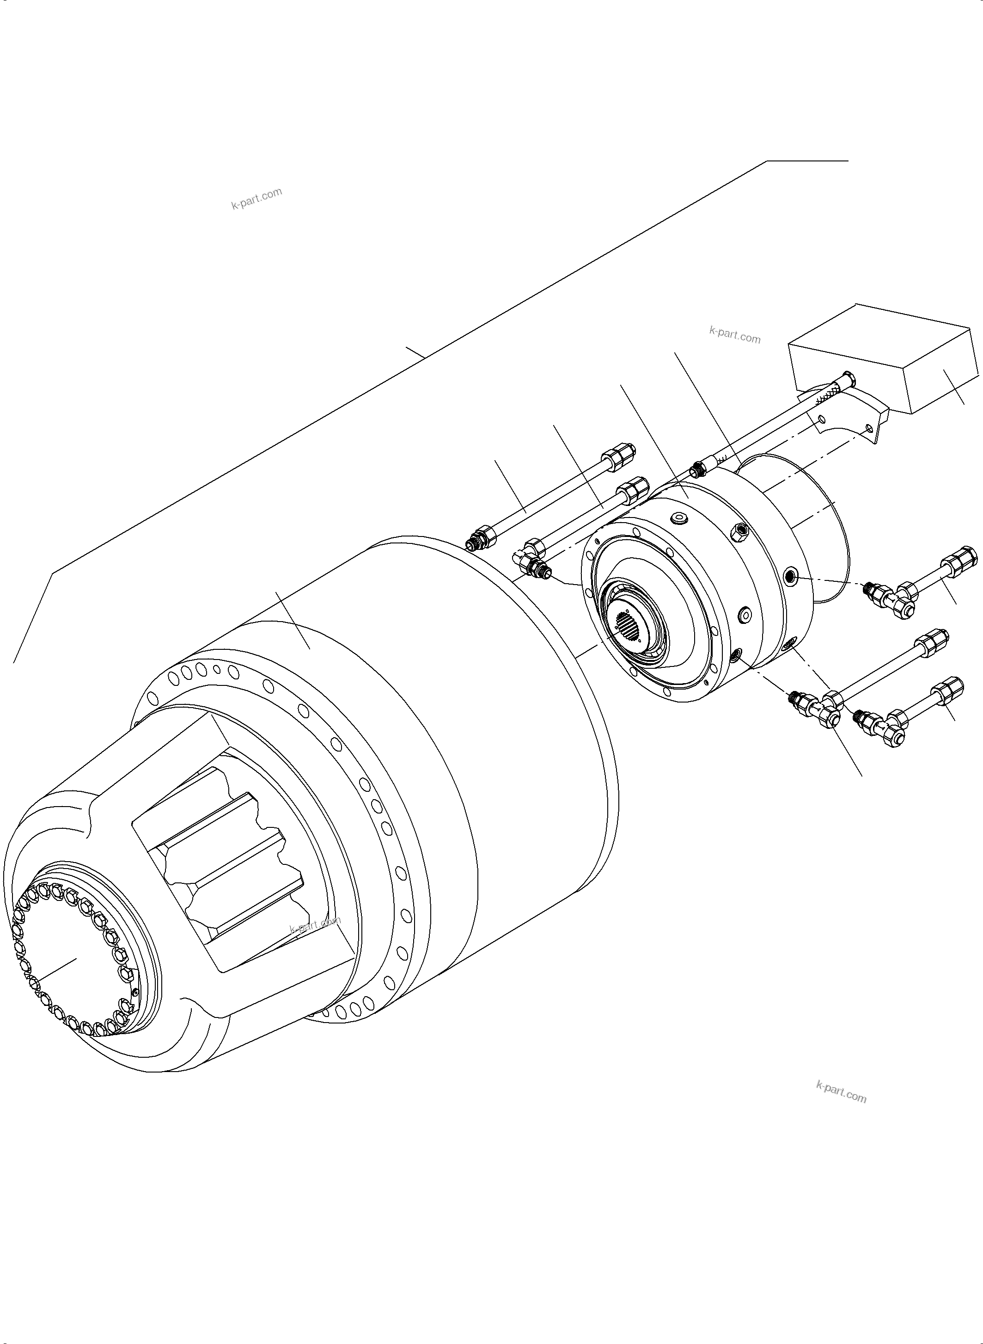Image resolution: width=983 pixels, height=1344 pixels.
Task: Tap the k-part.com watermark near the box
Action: [x=735, y=335]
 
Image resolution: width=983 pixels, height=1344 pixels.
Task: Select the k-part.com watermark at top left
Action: [x=256, y=198]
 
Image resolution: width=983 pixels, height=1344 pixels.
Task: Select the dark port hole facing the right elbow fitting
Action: [x=790, y=575]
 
